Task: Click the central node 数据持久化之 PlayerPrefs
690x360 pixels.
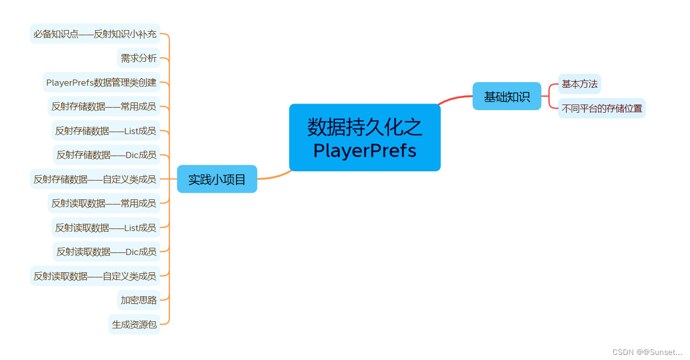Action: pyautogui.click(x=364, y=138)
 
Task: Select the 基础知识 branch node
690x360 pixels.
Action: pyautogui.click(x=507, y=96)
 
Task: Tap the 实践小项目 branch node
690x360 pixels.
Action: pyautogui.click(x=217, y=179)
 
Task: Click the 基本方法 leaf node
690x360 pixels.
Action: pyautogui.click(x=579, y=84)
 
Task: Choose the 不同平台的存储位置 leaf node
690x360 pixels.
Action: pyautogui.click(x=601, y=108)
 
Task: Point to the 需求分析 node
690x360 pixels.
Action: pyautogui.click(x=139, y=58)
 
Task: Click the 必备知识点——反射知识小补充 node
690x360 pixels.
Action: pyautogui.click(x=95, y=34)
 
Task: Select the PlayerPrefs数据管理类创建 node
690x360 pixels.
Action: pyautogui.click(x=101, y=83)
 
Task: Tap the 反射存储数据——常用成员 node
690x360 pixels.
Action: pyautogui.click(x=104, y=107)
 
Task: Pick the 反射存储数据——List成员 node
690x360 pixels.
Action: pyautogui.click(x=106, y=131)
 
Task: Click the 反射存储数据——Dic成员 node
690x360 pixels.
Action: pyautogui.click(x=107, y=155)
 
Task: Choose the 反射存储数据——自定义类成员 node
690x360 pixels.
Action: pyautogui.click(x=95, y=179)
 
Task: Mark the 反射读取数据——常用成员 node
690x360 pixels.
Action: pyautogui.click(x=104, y=203)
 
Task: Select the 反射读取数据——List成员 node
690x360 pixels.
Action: pyautogui.click(x=106, y=227)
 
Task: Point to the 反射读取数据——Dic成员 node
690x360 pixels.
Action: pyautogui.click(x=107, y=251)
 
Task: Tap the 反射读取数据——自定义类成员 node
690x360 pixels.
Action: pyautogui.click(x=95, y=276)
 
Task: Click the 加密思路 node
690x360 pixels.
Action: pyautogui.click(x=139, y=300)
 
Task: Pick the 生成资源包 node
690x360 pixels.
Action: pyautogui.click(x=135, y=324)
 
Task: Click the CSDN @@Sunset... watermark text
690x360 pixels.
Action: pyautogui.click(x=647, y=352)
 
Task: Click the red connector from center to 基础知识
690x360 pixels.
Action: pyautogui.click(x=455, y=98)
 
